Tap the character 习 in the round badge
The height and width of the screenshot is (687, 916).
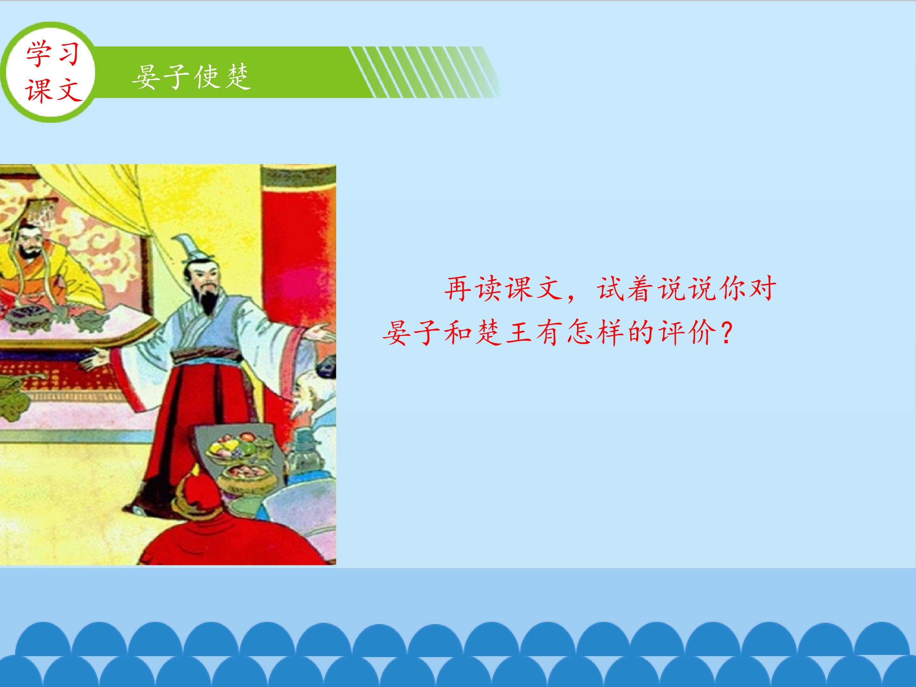[67, 54]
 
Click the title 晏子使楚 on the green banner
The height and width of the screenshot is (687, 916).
[192, 77]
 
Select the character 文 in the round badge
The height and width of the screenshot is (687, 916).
[67, 89]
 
